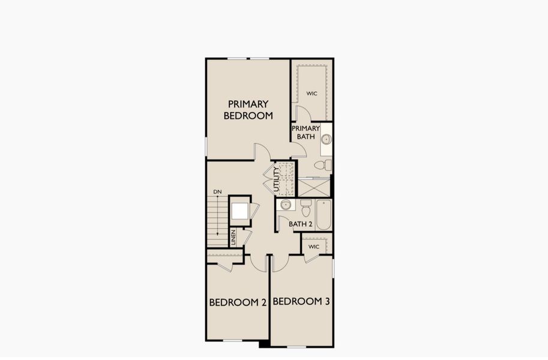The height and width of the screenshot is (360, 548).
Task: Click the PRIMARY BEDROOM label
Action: click(x=248, y=110)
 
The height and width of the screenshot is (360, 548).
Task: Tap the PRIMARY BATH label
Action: click(x=305, y=133)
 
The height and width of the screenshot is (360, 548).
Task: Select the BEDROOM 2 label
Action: click(x=237, y=302)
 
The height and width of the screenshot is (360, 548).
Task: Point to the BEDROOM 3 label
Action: click(x=301, y=301)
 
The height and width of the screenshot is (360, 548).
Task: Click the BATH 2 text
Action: click(x=301, y=224)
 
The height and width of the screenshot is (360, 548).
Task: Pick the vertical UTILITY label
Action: click(x=277, y=179)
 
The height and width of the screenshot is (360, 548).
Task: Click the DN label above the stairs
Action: click(x=217, y=191)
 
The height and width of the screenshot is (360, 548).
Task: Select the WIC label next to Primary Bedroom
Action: click(x=312, y=94)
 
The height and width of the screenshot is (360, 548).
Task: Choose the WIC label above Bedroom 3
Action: click(x=313, y=247)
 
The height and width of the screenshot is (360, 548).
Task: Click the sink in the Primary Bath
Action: click(x=326, y=139)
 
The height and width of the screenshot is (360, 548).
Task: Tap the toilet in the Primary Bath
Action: click(x=323, y=164)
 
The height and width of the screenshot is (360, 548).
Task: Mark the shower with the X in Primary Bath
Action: click(x=313, y=188)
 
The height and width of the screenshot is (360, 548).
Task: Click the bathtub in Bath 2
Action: click(x=324, y=215)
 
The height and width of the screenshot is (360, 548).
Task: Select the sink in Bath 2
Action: click(x=286, y=205)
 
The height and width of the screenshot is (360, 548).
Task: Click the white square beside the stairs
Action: click(x=240, y=211)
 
